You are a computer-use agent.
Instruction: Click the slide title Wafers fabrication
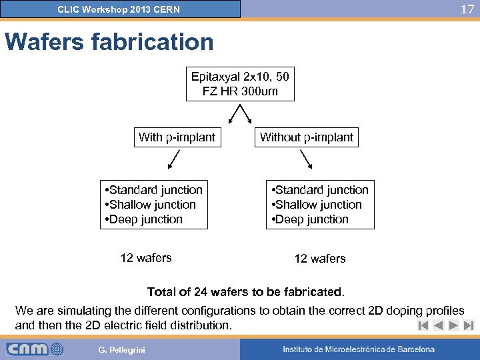tap(109, 42)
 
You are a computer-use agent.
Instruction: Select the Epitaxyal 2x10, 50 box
tap(240, 83)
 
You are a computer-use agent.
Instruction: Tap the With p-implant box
tap(177, 137)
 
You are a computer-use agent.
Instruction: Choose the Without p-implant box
tap(307, 137)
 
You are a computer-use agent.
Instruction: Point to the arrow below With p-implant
tap(172, 160)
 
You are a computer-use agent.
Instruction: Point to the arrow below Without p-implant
tap(307, 160)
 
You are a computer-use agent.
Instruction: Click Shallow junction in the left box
tap(153, 205)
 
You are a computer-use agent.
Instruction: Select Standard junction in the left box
tap(156, 190)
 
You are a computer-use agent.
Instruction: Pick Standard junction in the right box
tap(322, 190)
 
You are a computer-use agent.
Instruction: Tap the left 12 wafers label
tap(146, 258)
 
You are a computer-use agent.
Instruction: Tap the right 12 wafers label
tap(320, 259)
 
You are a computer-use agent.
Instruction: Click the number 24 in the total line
tap(199, 292)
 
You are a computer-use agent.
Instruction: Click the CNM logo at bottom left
tap(35, 349)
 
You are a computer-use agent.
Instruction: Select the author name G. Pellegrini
tap(121, 350)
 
